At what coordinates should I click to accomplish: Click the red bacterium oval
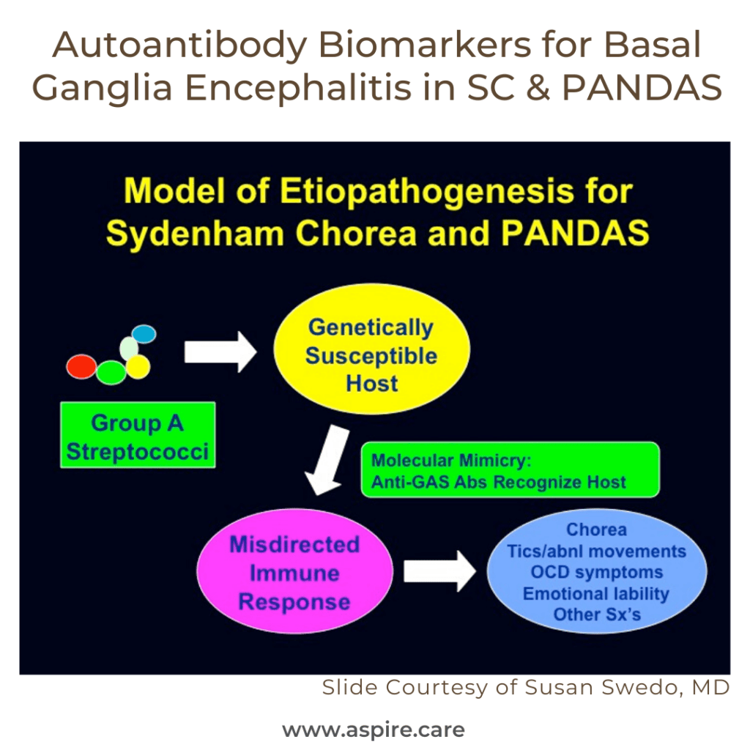click(81, 366)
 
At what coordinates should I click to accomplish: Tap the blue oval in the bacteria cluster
click(144, 334)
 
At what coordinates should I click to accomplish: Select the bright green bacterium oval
click(111, 372)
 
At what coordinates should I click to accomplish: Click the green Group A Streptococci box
click(138, 436)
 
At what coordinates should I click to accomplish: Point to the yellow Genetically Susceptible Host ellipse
click(371, 355)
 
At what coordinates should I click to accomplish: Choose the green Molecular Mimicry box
click(510, 471)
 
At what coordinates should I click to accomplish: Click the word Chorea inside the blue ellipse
click(596, 530)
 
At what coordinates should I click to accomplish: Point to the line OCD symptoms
click(596, 572)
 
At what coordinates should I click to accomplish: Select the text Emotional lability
click(596, 593)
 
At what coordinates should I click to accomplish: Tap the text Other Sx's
click(596, 615)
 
